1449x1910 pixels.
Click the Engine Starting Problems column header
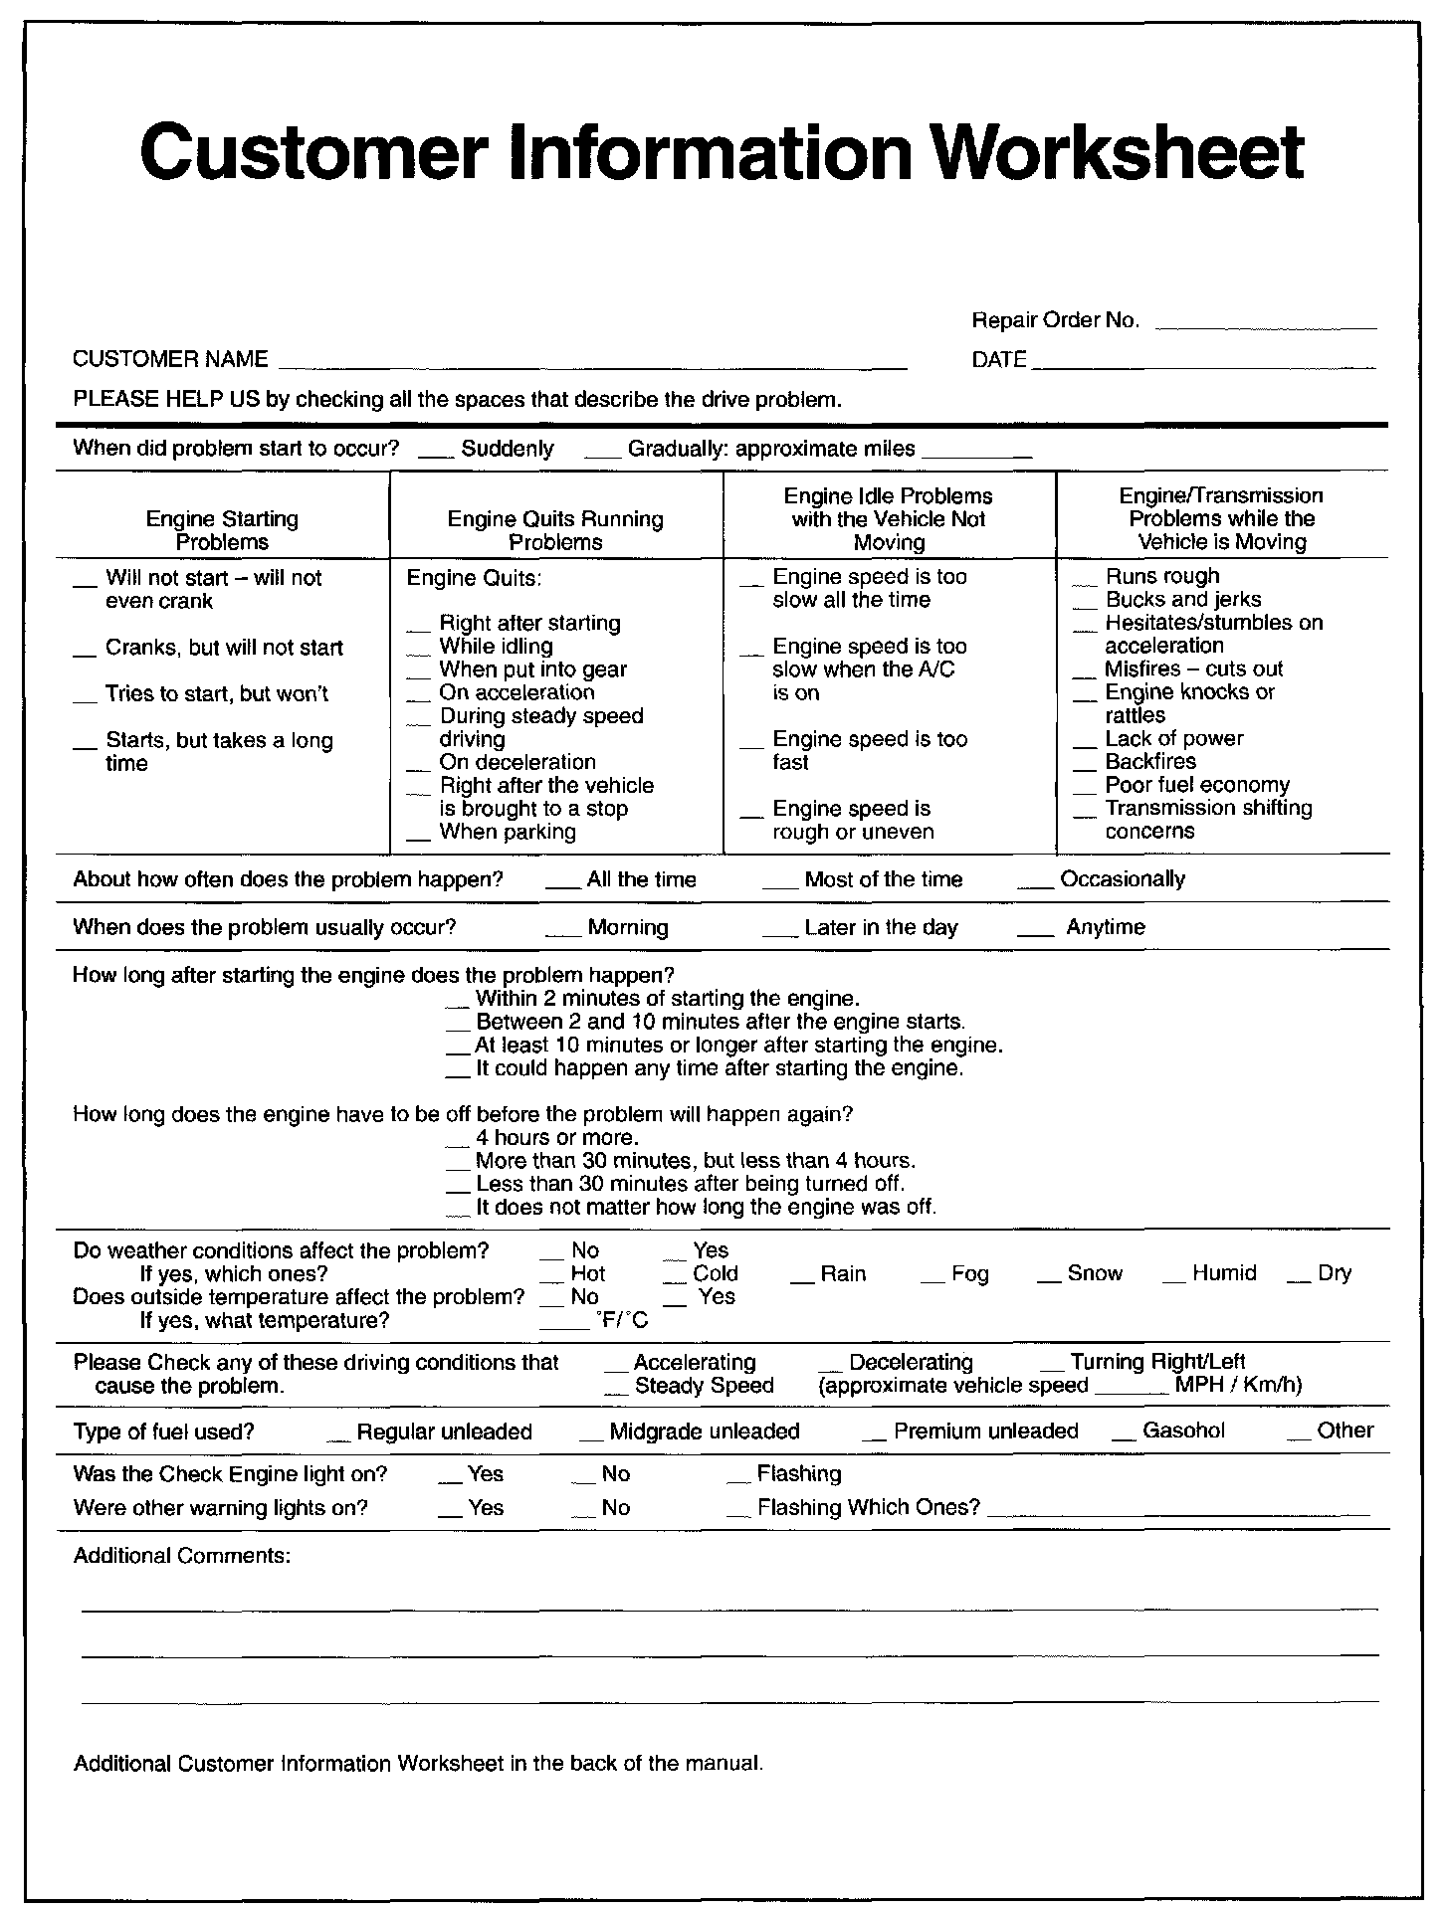coord(222,530)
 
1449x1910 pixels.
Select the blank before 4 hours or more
coord(457,1144)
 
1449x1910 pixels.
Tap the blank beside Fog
coord(932,1280)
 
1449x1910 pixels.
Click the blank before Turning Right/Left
coord(1053,1369)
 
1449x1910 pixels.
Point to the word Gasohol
coord(1183,1431)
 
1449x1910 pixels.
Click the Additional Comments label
coord(182,1555)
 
